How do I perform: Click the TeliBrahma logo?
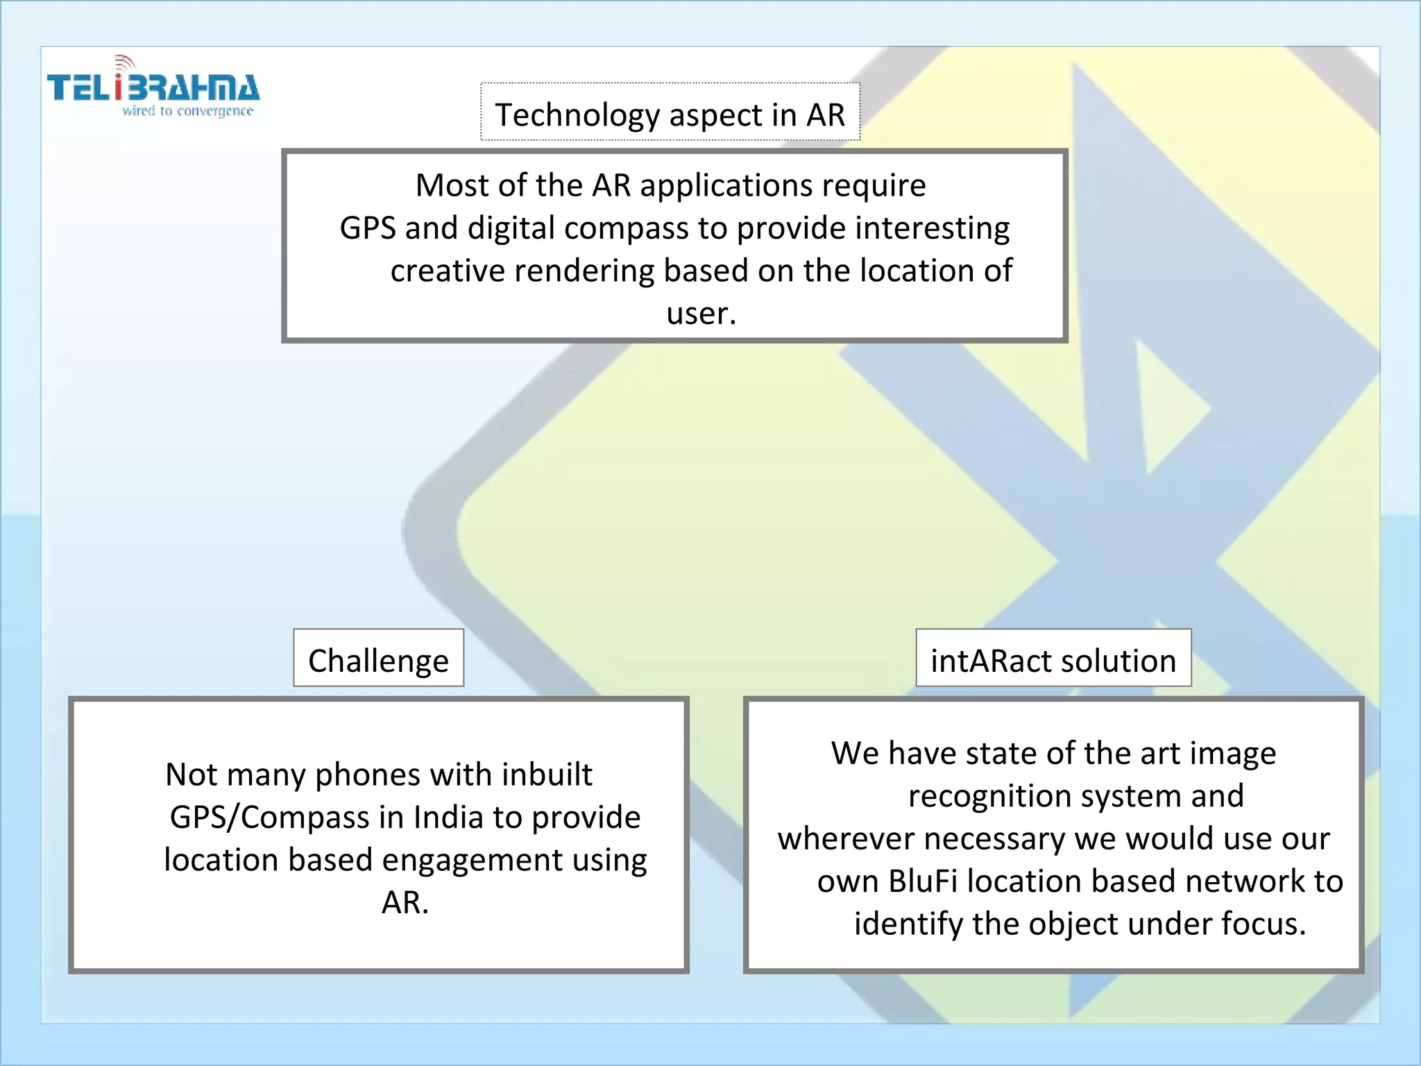click(x=153, y=87)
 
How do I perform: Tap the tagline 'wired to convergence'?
click(x=187, y=111)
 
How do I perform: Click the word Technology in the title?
click(x=577, y=115)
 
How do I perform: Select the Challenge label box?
click(x=378, y=659)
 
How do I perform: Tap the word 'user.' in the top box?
click(x=701, y=313)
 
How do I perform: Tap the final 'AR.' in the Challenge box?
click(x=405, y=903)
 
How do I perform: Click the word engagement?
click(x=472, y=861)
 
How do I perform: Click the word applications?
click(x=726, y=186)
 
